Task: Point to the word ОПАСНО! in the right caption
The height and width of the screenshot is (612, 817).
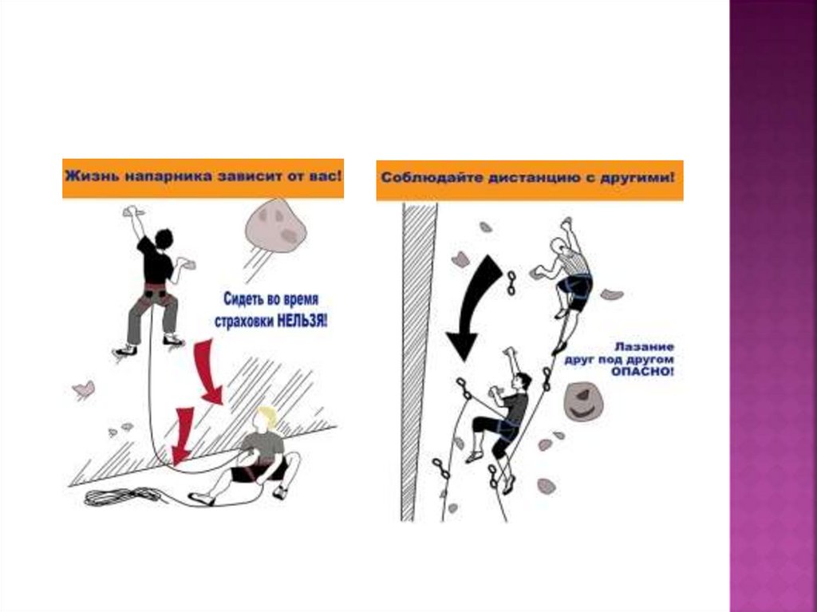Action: click(x=642, y=372)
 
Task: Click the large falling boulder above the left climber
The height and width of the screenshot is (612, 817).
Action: click(x=275, y=225)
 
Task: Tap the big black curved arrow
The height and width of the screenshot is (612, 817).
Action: click(x=472, y=307)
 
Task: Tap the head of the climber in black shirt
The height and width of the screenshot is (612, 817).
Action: click(x=164, y=239)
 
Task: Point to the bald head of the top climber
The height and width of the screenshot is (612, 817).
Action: click(x=558, y=246)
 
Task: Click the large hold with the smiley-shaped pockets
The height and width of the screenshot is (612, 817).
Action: click(x=583, y=401)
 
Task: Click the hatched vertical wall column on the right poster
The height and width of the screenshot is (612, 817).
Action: click(x=418, y=361)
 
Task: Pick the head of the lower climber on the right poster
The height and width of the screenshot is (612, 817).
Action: click(x=523, y=381)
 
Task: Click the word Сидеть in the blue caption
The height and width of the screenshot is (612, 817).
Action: click(x=242, y=299)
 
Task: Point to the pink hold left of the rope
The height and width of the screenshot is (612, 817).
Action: click(x=83, y=389)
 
